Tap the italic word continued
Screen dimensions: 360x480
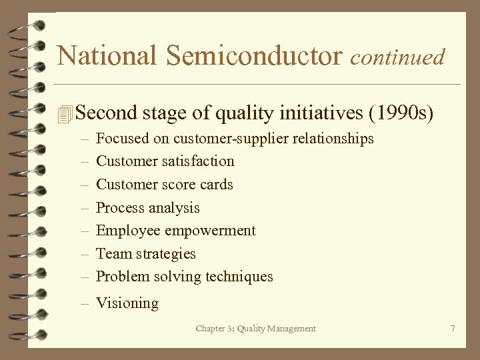[x=397, y=57]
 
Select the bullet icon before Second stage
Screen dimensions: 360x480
[x=65, y=114]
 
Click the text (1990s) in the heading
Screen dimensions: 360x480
[x=401, y=113]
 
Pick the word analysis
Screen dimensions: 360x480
[x=174, y=208]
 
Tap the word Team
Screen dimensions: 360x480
[x=114, y=254]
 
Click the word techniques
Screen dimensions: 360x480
[x=239, y=277]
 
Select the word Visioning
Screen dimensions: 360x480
[x=127, y=303]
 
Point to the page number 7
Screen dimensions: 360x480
[x=453, y=328]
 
